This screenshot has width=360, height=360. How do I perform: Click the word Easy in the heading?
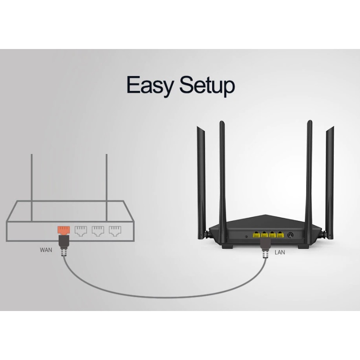click(x=150, y=85)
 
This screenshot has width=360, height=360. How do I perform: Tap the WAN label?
click(x=46, y=250)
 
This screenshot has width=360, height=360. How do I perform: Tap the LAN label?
click(x=280, y=252)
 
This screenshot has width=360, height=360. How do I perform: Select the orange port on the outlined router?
click(x=63, y=230)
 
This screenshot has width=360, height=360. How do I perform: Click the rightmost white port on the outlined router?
click(x=115, y=231)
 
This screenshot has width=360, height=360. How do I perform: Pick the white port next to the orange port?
click(x=81, y=231)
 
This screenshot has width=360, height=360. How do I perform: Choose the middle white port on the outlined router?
click(x=98, y=231)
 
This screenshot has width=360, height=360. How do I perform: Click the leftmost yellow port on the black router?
click(x=256, y=234)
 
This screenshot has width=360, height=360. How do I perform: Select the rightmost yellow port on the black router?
click(x=280, y=234)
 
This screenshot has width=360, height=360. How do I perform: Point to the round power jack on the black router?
click(x=290, y=235)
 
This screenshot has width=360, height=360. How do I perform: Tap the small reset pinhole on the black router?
click(x=246, y=236)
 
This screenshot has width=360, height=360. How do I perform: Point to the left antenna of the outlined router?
click(x=31, y=188)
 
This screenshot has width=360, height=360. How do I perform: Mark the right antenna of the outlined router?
click(x=107, y=188)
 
